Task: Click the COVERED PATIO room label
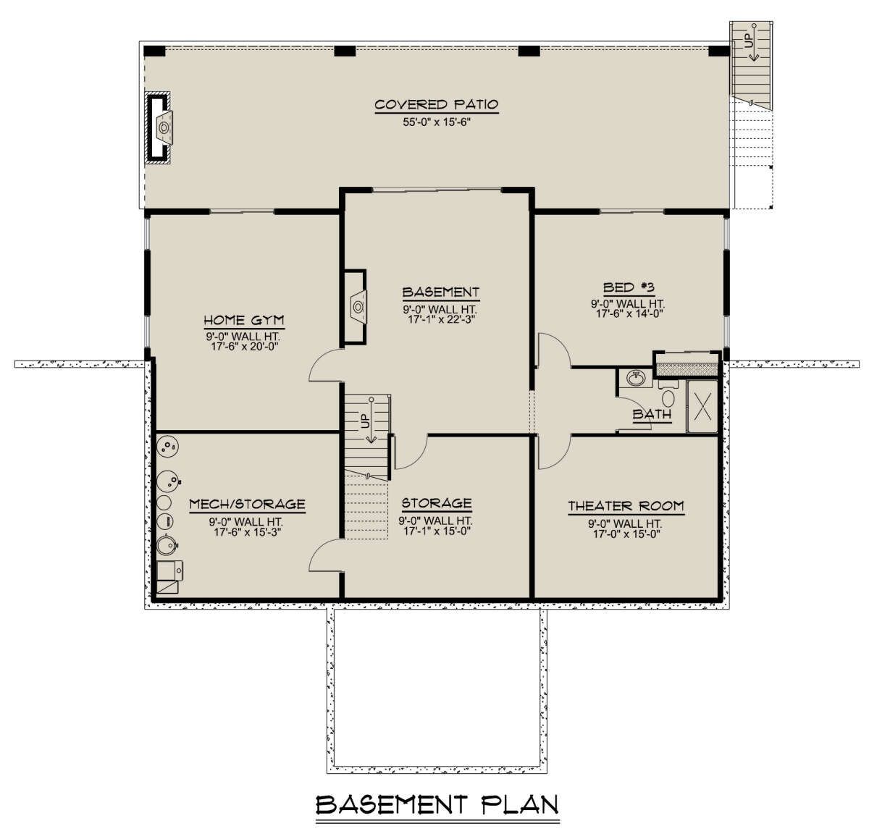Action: click(436, 104)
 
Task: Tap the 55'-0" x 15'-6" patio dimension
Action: click(437, 122)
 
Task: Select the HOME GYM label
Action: click(244, 320)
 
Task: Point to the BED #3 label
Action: click(629, 287)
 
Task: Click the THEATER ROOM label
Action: click(626, 506)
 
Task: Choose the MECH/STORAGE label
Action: click(248, 504)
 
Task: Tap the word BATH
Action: click(652, 414)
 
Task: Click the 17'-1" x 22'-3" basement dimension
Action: click(441, 320)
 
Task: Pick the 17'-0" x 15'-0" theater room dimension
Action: click(626, 534)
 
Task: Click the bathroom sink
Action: click(635, 379)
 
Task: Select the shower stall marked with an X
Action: click(702, 406)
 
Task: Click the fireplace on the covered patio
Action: click(159, 128)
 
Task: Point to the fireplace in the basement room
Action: click(356, 307)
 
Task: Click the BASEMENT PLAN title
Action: click(437, 804)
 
